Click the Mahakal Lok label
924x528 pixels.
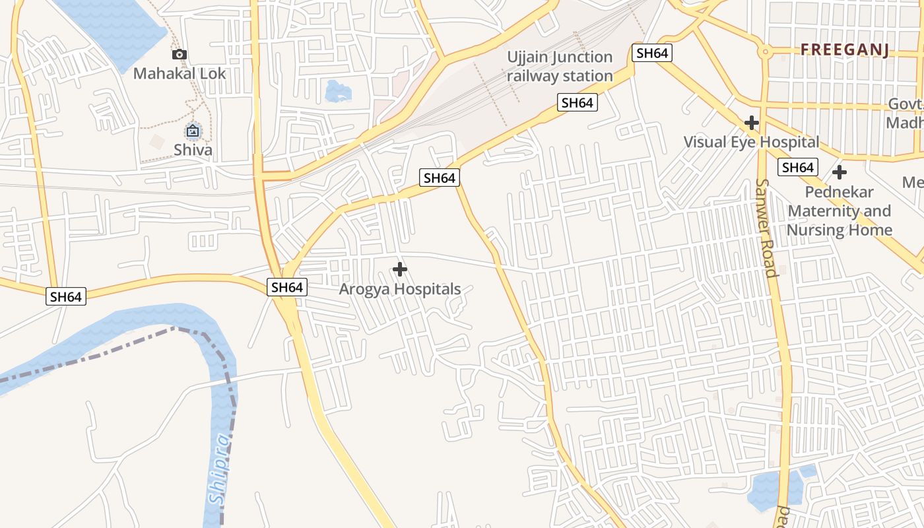[180, 73]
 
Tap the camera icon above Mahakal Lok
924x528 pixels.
[180, 55]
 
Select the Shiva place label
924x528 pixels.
[193, 150]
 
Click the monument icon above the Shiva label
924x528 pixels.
[193, 131]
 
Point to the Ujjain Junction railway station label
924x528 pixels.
[560, 66]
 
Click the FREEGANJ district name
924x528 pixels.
[845, 49]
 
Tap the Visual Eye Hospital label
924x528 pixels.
[751, 142]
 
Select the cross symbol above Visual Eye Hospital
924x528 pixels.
[751, 123]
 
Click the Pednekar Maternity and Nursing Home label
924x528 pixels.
[840, 211]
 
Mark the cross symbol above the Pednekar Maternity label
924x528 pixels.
[840, 173]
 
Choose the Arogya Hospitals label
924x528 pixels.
[399, 289]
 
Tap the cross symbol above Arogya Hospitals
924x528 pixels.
[399, 269]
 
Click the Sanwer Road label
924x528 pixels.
[766, 228]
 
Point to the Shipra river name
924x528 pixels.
[220, 469]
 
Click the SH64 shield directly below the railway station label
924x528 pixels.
[577, 102]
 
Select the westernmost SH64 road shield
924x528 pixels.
[66, 296]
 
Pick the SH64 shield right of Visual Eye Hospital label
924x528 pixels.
[797, 168]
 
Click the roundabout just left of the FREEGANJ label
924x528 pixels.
[765, 51]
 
